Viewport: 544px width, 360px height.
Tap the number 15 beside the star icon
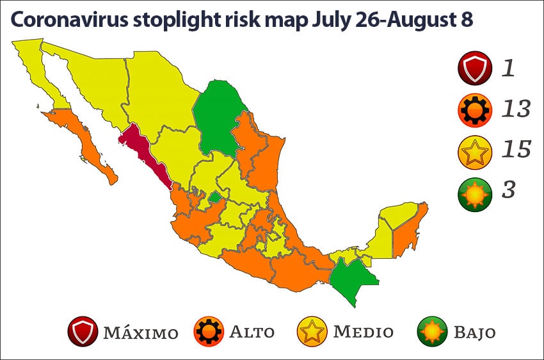coord(516,149)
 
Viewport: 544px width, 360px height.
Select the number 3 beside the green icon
coord(509,190)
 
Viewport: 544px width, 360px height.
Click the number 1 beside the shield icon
coord(508,68)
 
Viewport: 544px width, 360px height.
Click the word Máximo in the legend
coord(140,333)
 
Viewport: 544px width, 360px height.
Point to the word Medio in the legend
coord(364,332)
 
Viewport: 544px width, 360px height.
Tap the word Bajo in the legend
coord(474,332)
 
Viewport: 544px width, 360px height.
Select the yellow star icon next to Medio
coord(312,332)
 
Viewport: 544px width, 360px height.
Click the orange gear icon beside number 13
coord(475,110)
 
